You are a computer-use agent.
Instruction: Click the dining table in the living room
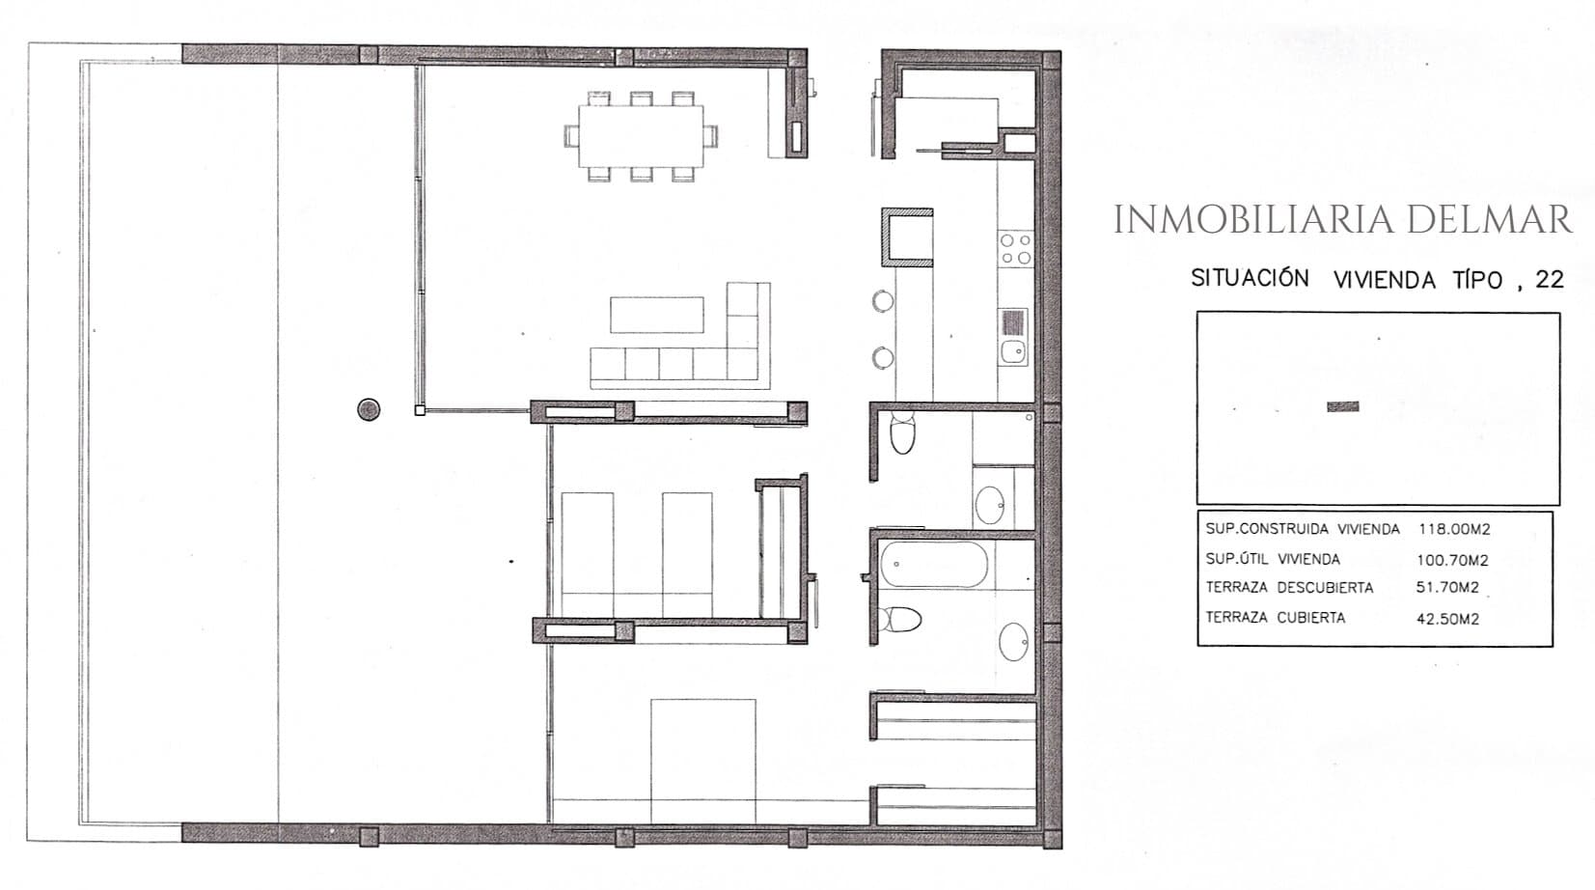641,136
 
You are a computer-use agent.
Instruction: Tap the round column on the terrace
369,409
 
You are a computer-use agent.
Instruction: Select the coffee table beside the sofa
656,315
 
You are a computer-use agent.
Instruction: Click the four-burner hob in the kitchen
1015,249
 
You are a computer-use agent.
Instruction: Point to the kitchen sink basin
1012,350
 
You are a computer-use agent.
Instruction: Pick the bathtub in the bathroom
934,565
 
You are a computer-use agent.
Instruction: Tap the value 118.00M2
1453,529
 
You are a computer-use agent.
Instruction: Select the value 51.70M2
1447,588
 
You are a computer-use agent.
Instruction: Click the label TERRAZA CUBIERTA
1276,617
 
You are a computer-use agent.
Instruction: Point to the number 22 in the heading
1550,279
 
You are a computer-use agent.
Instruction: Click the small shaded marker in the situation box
1343,406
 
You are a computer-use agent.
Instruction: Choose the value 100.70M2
1452,560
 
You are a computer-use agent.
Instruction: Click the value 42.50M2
1447,619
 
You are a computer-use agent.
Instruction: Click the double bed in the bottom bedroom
702,761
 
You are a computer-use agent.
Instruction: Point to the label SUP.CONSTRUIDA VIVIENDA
1303,529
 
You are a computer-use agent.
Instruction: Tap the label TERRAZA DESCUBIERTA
1289,588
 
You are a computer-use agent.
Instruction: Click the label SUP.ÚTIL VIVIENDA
1273,559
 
